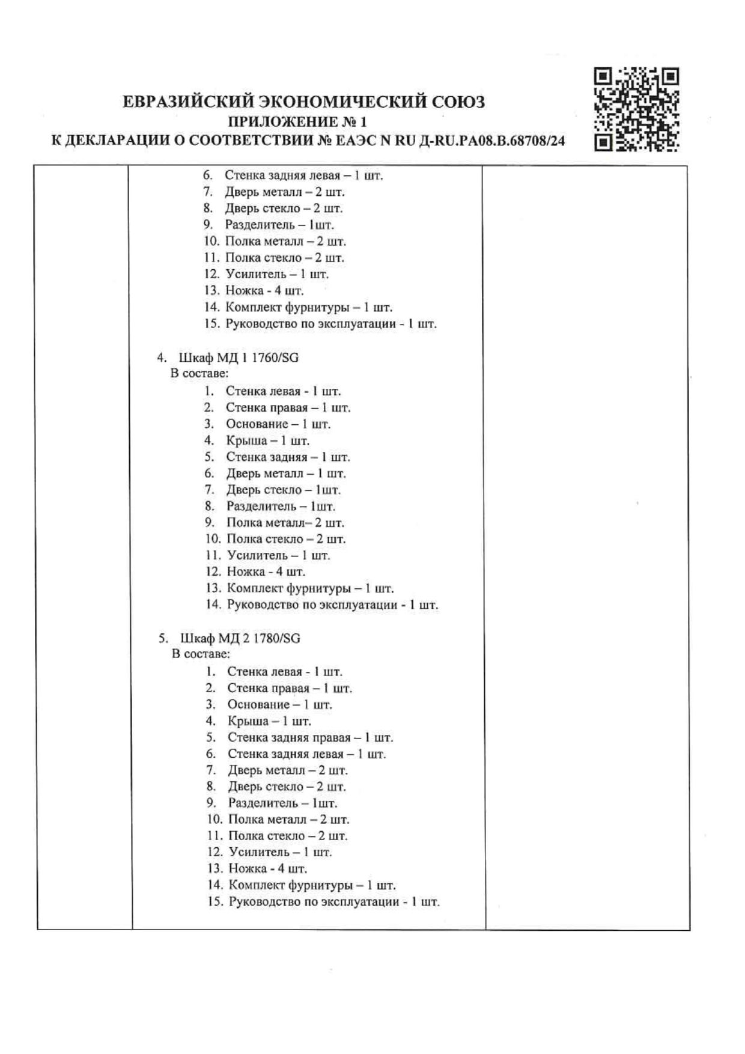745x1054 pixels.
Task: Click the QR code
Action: [636, 109]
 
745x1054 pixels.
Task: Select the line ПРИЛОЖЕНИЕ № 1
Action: [298, 122]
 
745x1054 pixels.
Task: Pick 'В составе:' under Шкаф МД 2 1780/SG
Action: [201, 654]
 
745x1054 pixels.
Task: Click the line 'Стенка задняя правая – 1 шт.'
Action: [310, 737]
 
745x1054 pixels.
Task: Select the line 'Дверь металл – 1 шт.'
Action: [286, 474]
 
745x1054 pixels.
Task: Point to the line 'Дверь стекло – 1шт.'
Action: [283, 490]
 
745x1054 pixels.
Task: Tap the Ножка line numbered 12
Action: [266, 571]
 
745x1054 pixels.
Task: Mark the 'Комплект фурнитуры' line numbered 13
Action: [310, 588]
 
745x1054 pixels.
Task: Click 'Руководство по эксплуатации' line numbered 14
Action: [332, 605]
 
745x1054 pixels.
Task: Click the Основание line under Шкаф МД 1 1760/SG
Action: [278, 424]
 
